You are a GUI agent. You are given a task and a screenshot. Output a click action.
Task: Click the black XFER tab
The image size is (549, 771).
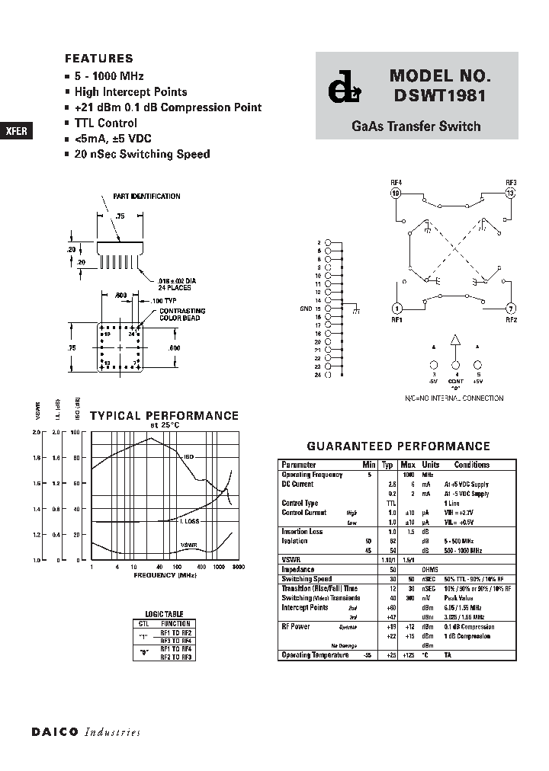(16, 130)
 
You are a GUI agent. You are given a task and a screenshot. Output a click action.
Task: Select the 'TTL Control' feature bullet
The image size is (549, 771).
(105, 123)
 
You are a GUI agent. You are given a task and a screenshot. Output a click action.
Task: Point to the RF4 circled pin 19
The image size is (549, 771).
(396, 193)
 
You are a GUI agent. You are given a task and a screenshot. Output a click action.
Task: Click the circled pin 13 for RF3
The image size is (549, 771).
(511, 193)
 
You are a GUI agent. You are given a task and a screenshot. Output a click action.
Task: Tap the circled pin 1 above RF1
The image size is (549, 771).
(396, 309)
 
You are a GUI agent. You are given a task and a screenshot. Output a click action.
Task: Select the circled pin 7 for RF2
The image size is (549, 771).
(511, 309)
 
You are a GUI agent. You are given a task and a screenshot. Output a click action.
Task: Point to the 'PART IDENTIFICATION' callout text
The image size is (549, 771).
(147, 197)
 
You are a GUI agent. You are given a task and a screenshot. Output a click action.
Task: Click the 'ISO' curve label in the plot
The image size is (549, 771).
(189, 456)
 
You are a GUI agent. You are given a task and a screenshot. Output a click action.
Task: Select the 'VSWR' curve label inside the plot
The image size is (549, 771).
(189, 545)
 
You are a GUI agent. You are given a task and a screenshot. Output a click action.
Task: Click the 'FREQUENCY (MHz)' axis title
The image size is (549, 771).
(165, 575)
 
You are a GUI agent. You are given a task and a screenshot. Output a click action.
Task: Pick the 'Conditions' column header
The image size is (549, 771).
(472, 464)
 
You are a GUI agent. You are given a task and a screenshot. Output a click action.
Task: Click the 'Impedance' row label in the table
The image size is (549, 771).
(298, 569)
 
